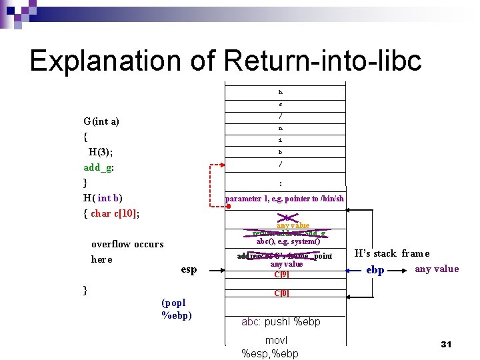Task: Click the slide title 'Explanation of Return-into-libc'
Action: click(225, 61)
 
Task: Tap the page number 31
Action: click(447, 344)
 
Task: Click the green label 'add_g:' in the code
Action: click(99, 167)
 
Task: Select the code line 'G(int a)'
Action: click(101, 121)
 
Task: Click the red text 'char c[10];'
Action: click(117, 213)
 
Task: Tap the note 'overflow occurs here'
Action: click(127, 251)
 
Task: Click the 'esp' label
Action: click(189, 269)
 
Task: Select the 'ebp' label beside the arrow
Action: click(375, 270)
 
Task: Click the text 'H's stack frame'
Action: click(392, 253)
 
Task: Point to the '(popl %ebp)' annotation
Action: click(177, 309)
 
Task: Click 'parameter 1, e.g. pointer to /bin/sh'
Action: click(285, 198)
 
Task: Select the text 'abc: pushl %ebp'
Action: click(281, 322)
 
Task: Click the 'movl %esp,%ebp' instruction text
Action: click(270, 347)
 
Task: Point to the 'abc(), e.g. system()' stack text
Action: click(288, 241)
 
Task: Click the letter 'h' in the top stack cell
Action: click(281, 93)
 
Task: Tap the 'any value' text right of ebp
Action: click(437, 269)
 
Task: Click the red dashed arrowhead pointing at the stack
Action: click(221, 164)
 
